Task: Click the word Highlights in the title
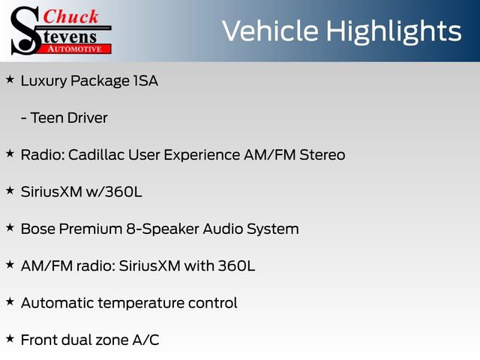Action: point(393,31)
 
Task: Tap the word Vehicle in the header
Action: point(269,31)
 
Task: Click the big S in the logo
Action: point(22,31)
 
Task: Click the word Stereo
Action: point(322,154)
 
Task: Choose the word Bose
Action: point(37,229)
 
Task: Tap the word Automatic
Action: point(56,303)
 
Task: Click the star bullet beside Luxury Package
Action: point(10,79)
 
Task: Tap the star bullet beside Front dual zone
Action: point(10,338)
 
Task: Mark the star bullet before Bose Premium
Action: point(10,226)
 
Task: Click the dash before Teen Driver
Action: point(24,118)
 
